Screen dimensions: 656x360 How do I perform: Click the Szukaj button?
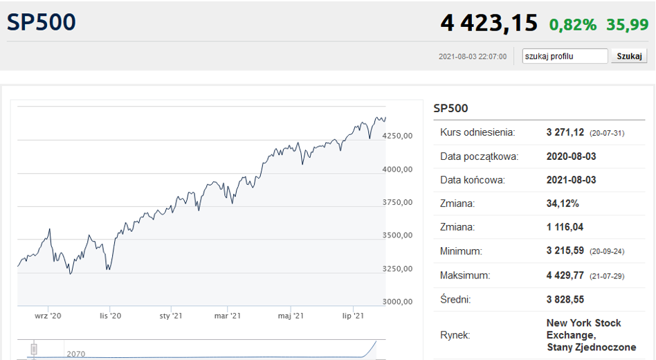pyautogui.click(x=629, y=56)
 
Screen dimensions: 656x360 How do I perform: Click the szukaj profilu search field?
pyautogui.click(x=565, y=56)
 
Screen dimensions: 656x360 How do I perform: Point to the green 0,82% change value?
pyautogui.click(x=573, y=25)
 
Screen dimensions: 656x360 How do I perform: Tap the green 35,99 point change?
pyautogui.click(x=628, y=25)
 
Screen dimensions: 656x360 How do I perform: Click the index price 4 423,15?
pyautogui.click(x=489, y=23)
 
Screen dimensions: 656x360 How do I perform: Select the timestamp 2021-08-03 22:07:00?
pyautogui.click(x=473, y=57)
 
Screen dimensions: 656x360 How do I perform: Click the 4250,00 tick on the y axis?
pyautogui.click(x=397, y=136)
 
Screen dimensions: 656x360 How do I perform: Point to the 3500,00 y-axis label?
pyautogui.click(x=397, y=235)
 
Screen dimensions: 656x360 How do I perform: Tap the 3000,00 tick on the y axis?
pyautogui.click(x=397, y=301)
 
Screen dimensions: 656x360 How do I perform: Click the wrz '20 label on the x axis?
pyautogui.click(x=48, y=316)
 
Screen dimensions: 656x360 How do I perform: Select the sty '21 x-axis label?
pyautogui.click(x=171, y=316)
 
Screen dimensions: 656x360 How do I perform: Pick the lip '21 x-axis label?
pyautogui.click(x=353, y=316)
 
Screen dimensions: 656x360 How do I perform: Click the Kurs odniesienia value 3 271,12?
pyautogui.click(x=565, y=132)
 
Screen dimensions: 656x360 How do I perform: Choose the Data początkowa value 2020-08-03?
pyautogui.click(x=571, y=156)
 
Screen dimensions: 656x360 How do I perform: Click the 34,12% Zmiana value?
pyautogui.click(x=563, y=204)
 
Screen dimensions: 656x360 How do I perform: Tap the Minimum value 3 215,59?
pyautogui.click(x=565, y=251)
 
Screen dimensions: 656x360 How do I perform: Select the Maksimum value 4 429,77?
pyautogui.click(x=565, y=276)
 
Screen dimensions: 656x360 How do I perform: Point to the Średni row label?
pyautogui.click(x=455, y=299)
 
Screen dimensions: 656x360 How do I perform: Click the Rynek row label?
pyautogui.click(x=455, y=335)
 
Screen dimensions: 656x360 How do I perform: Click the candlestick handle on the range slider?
pyautogui.click(x=34, y=349)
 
